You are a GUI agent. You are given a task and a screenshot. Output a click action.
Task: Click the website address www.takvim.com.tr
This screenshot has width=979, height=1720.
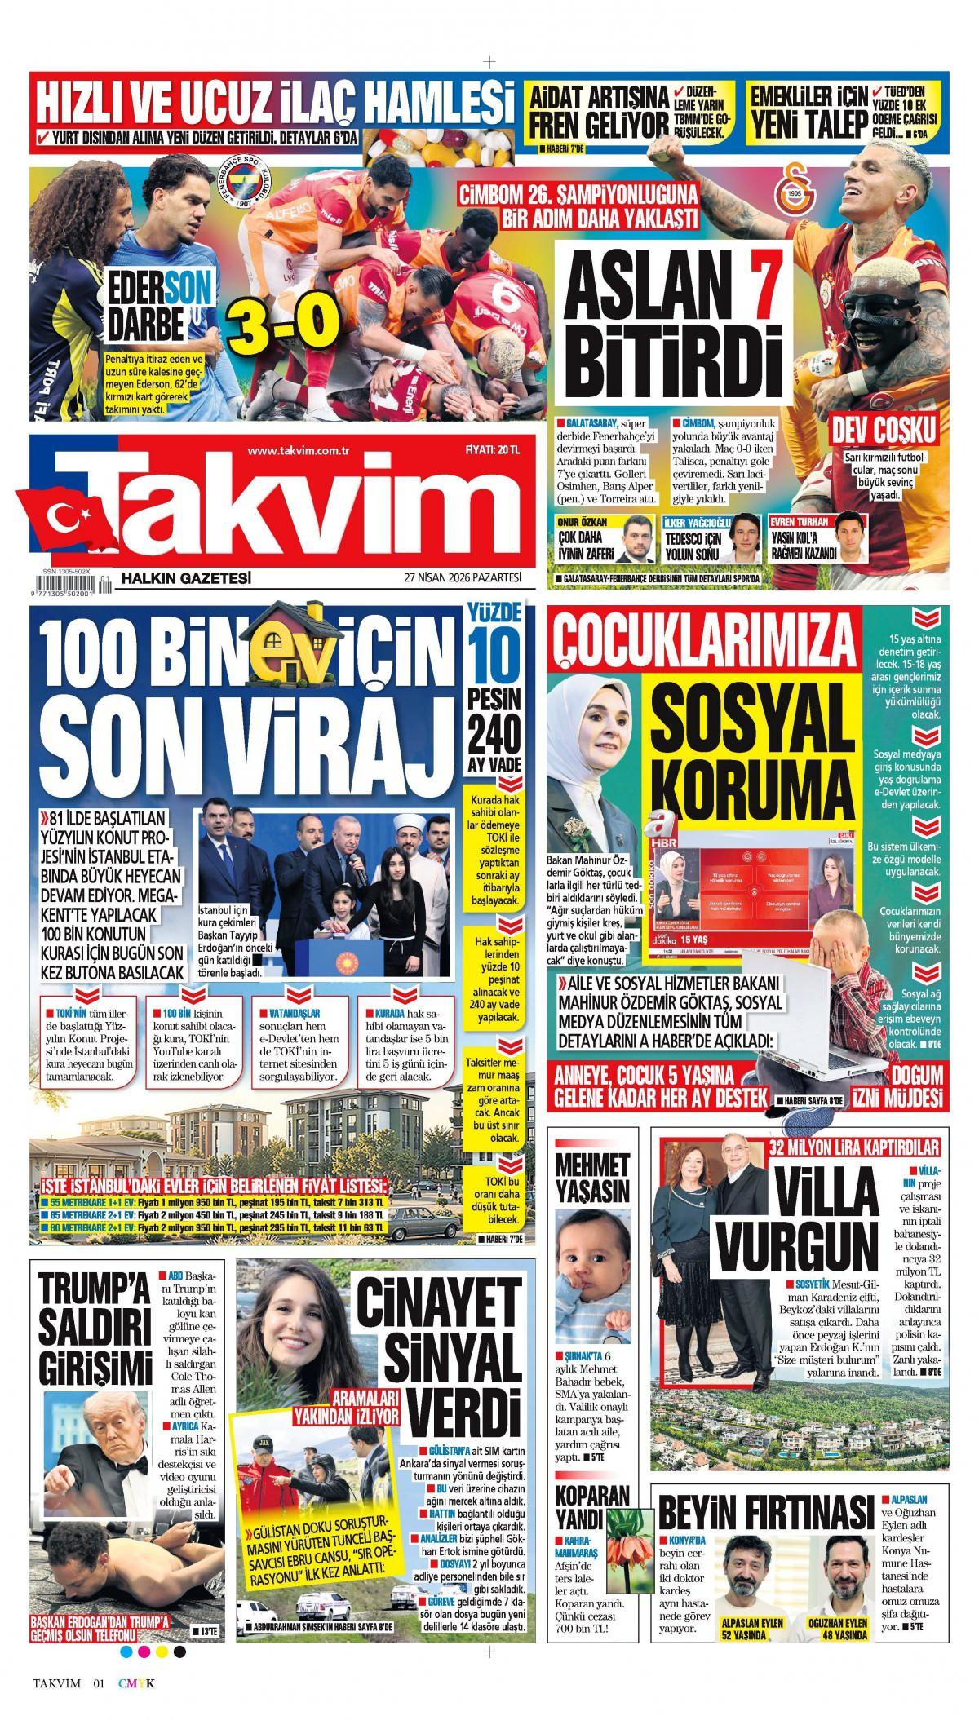coord(298,451)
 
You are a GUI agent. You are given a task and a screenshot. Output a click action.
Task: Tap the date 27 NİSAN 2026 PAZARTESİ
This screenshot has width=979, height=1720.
coord(461,578)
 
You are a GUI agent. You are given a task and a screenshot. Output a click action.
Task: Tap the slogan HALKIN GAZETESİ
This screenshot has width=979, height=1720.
coord(185,578)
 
